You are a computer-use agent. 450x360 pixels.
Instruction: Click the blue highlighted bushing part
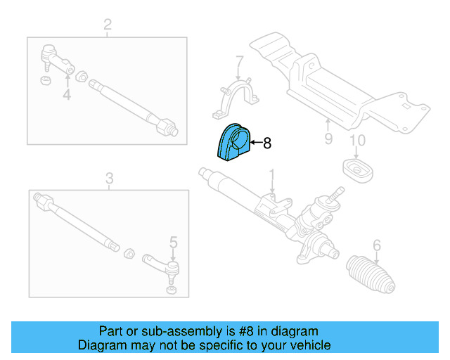click(233, 144)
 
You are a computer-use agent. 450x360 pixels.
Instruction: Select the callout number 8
click(266, 143)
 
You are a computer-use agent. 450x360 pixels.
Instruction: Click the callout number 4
click(67, 94)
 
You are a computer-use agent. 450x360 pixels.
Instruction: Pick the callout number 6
click(376, 245)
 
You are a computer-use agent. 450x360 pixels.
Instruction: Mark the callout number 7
click(239, 61)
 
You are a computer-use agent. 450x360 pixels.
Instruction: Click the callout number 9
click(328, 139)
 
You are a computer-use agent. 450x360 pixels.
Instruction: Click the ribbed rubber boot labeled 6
click(371, 275)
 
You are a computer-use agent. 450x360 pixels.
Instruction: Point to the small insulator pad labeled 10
click(356, 169)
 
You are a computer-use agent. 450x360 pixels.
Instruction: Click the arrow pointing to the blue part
click(255, 143)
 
